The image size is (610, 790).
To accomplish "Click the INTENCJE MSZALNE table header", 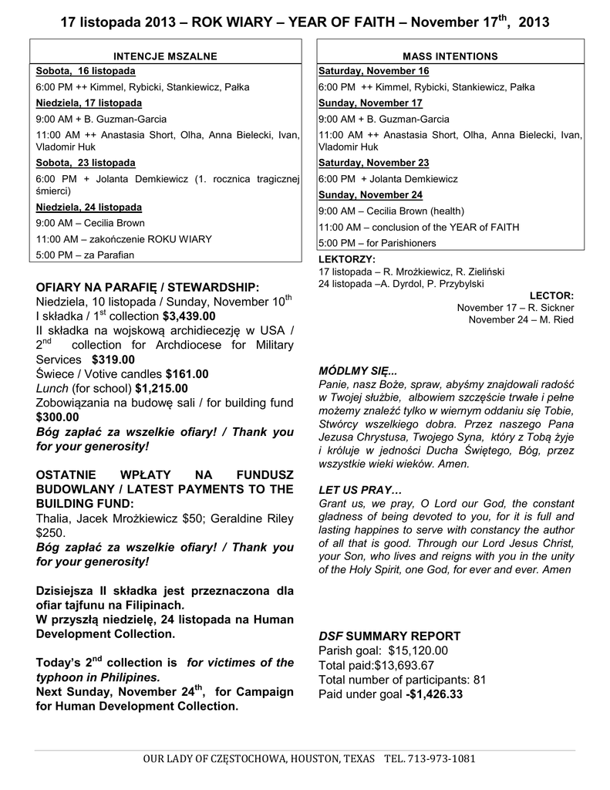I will pos(165,56).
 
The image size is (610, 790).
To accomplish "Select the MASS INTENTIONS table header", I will pos(450,56).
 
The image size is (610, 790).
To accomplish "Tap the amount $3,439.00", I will pos(189,316).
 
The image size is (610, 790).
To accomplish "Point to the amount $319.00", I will pos(113,360).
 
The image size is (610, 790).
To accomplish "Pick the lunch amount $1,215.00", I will pos(161,389).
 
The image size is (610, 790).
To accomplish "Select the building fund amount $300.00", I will pos(58,417).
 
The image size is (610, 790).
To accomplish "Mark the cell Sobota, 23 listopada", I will pos(86,163).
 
